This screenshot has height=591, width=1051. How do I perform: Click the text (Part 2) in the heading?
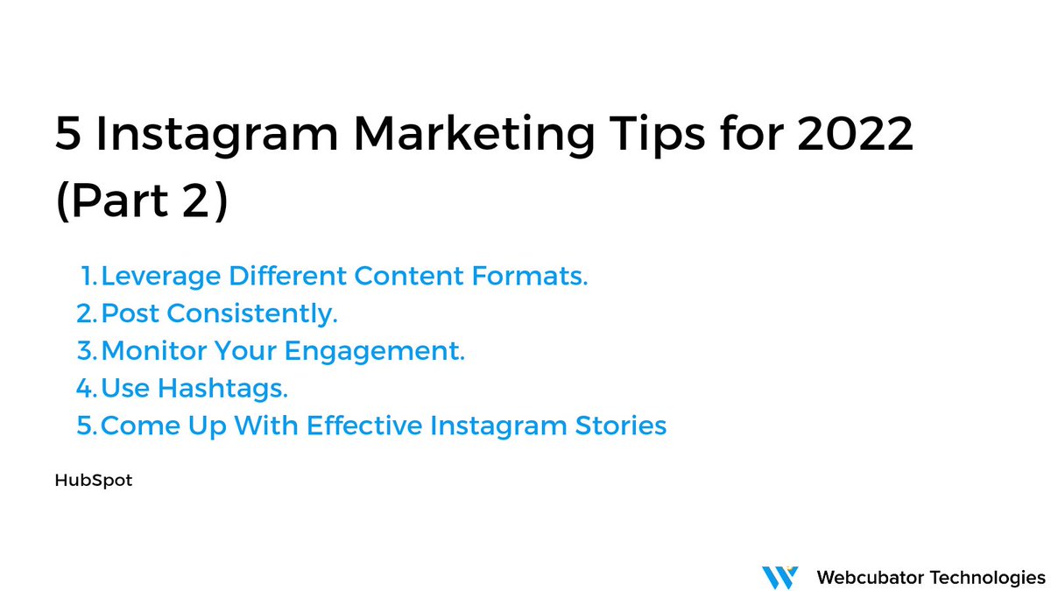click(x=141, y=202)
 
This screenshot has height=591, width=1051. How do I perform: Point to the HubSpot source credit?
click(x=93, y=481)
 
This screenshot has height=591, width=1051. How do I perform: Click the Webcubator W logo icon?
click(x=779, y=577)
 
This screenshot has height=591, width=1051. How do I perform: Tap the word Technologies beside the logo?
click(x=989, y=577)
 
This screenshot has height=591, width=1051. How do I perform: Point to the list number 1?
click(x=88, y=277)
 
